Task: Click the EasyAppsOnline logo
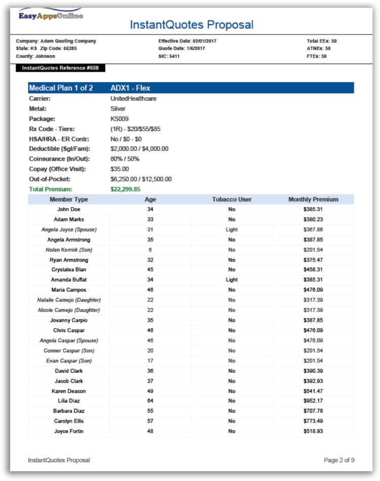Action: [50, 15]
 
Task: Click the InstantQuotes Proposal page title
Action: [192, 24]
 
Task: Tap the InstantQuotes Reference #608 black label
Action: [60, 68]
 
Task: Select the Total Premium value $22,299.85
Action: [125, 189]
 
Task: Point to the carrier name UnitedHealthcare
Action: [133, 98]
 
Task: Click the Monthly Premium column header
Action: [313, 199]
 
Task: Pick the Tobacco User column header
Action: [232, 199]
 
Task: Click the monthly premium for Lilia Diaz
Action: [313, 401]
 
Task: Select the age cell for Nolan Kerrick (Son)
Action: [150, 250]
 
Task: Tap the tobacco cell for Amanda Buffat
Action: [232, 280]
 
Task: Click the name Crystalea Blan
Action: [69, 270]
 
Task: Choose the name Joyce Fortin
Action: [69, 431]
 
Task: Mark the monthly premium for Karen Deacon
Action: [313, 391]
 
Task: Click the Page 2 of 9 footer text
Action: [339, 460]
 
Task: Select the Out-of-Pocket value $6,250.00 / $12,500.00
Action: [141, 179]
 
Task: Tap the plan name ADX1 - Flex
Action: [130, 88]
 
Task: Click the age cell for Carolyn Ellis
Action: [150, 421]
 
